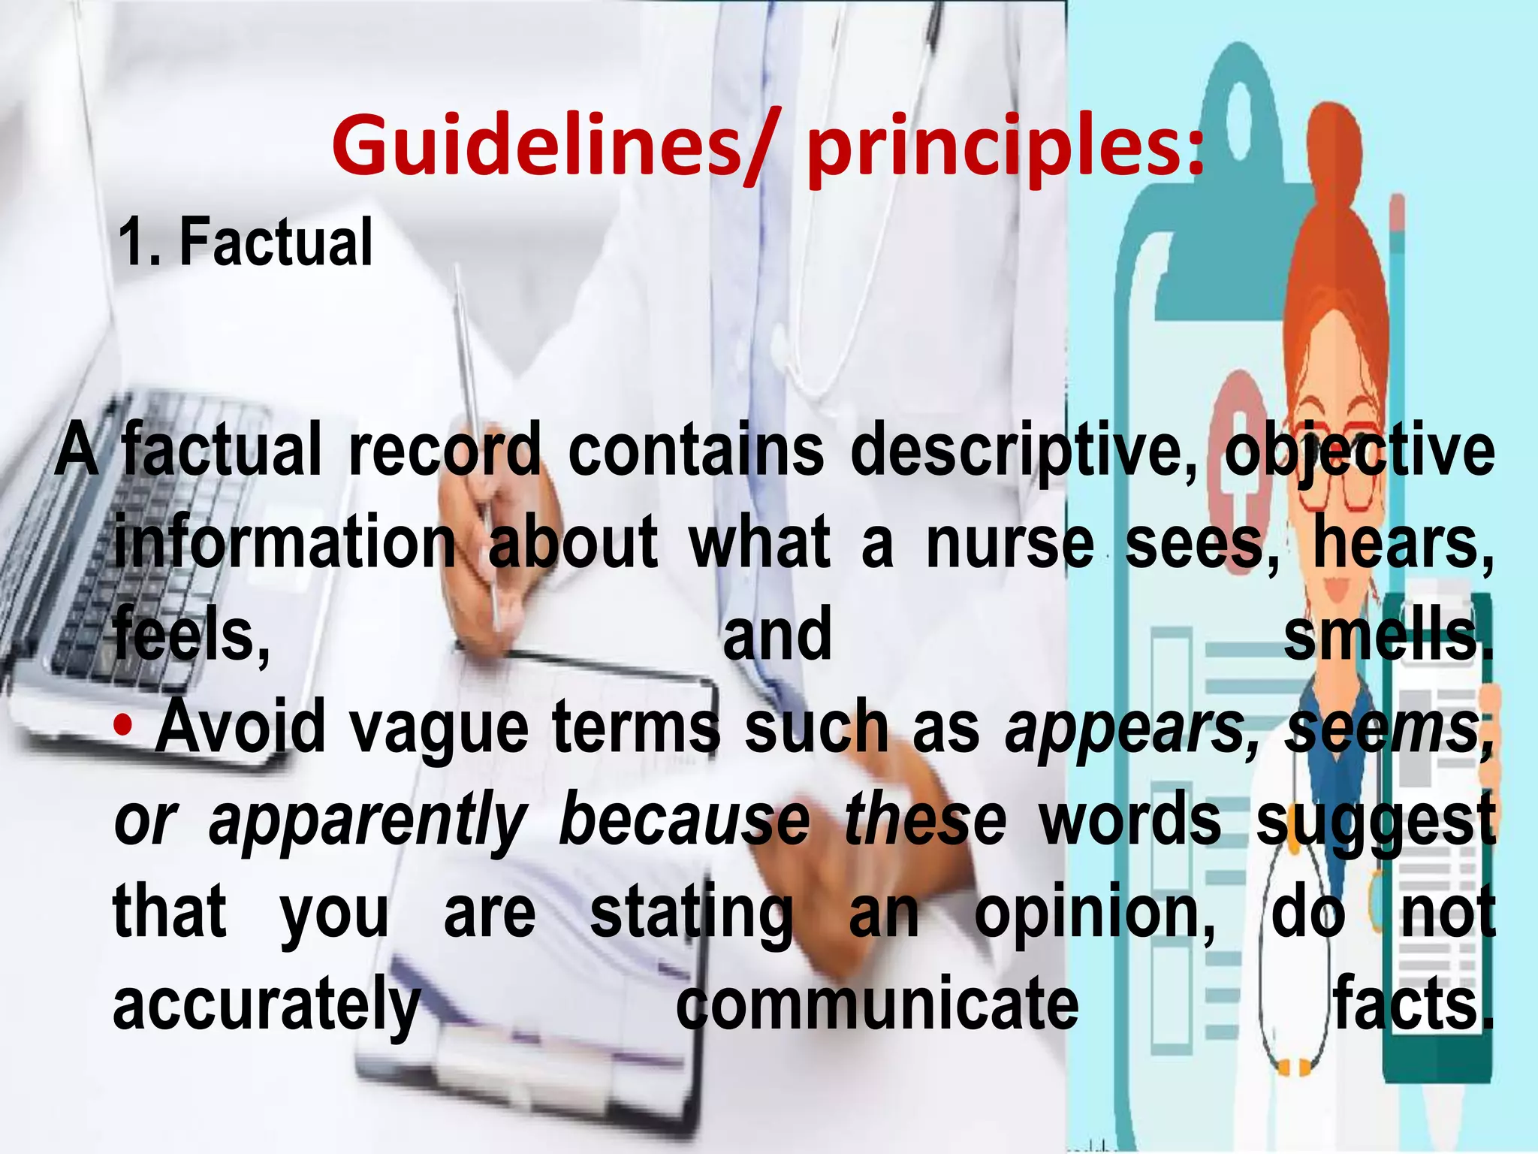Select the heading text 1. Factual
click(245, 242)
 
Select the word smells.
click(1388, 636)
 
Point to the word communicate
click(877, 1005)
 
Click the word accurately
click(267, 1005)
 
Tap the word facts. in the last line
click(1412, 1005)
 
